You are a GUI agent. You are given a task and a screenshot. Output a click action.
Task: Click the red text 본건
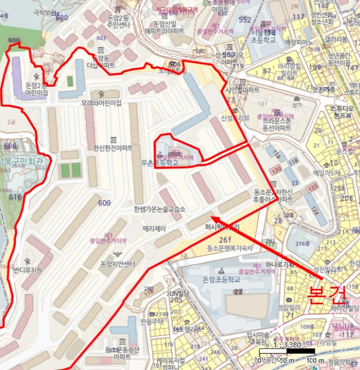(x=327, y=293)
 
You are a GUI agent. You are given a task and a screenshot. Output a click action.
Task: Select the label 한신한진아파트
(x=113, y=149)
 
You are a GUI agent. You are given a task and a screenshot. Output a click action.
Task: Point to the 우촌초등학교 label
(x=159, y=163)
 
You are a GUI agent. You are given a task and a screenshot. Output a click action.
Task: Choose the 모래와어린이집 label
(x=101, y=103)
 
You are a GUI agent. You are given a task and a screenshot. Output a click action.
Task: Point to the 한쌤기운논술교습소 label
(x=160, y=209)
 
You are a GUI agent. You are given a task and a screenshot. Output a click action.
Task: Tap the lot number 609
(x=104, y=202)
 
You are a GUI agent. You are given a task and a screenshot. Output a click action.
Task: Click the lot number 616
(x=15, y=197)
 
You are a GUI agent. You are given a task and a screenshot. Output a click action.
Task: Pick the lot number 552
(x=244, y=20)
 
